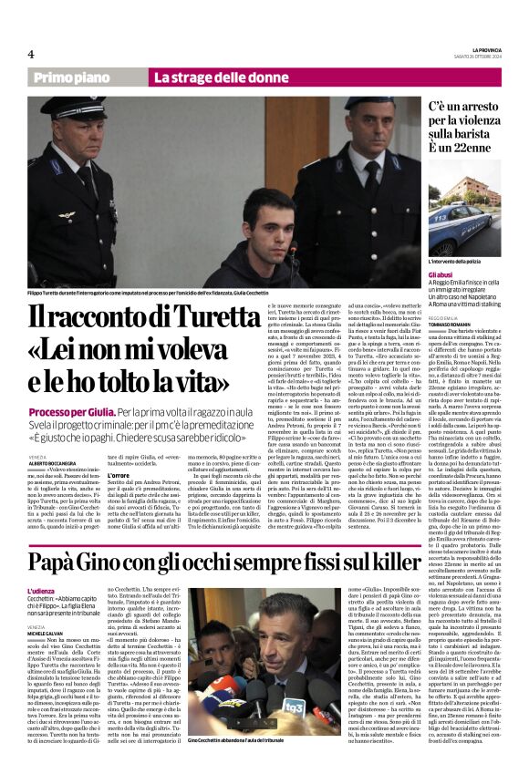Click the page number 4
click(30, 53)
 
